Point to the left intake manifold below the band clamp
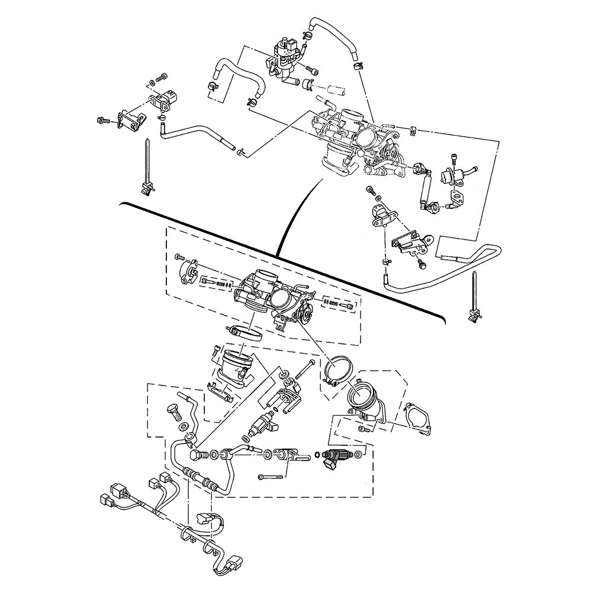[234, 366]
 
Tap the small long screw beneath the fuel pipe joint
[269, 476]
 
